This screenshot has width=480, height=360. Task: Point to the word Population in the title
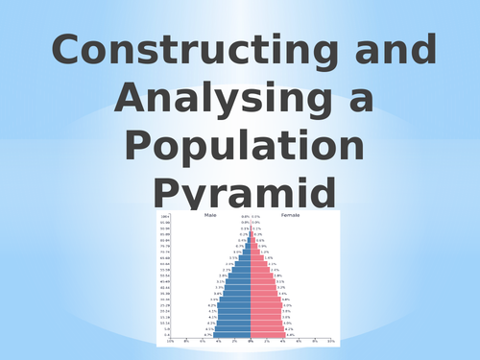pos(246,147)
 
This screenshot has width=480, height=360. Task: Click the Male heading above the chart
pos(211,216)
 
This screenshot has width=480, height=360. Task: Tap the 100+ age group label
pos(165,217)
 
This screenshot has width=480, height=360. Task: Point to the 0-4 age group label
pos(165,335)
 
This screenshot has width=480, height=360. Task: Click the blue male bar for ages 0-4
pos(232,335)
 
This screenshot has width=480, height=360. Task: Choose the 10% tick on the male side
pos(171,341)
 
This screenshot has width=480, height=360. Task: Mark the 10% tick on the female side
pos(330,341)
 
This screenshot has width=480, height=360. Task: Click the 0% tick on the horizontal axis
pos(251,341)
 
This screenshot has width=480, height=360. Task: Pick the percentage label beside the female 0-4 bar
pos(290,335)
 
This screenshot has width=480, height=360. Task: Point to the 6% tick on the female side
pos(299,341)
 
